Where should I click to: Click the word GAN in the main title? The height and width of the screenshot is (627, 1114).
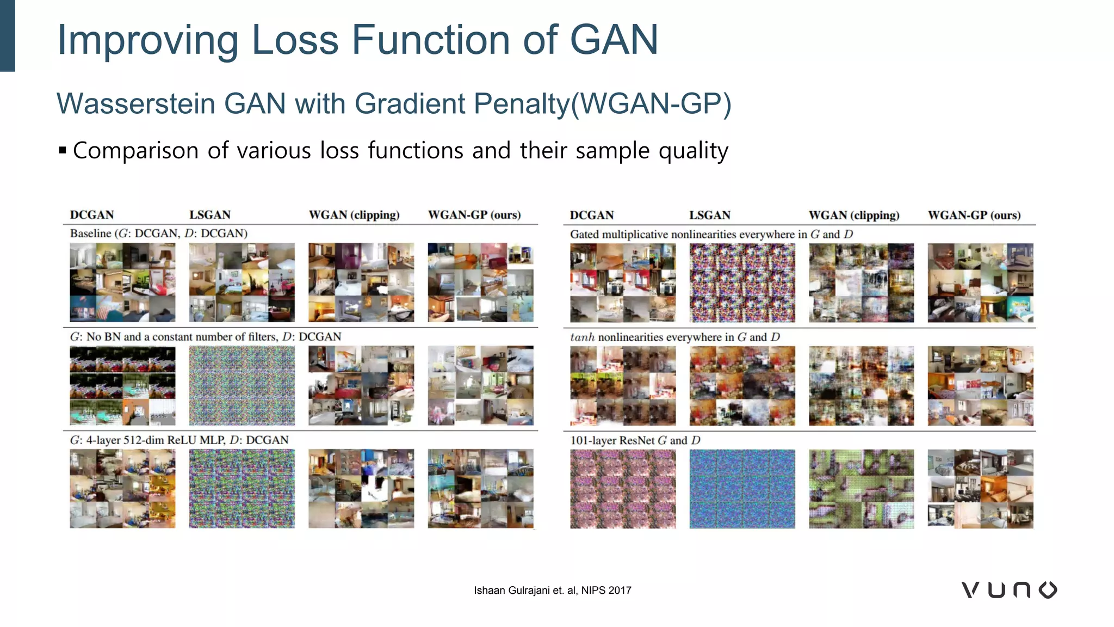coord(614,40)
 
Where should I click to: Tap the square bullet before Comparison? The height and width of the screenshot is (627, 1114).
coord(63,150)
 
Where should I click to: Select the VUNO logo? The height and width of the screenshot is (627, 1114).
coord(1009,590)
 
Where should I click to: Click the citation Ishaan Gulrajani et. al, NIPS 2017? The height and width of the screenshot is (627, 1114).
coord(552,591)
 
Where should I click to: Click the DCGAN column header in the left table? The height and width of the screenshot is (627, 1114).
coord(92,215)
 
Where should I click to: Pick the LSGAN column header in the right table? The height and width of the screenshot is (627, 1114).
coord(709,216)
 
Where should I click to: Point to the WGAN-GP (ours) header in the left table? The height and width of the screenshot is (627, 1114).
coord(474,215)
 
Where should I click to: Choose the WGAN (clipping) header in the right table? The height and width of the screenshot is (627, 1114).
coord(853,216)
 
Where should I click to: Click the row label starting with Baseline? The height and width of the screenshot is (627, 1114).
coord(158,233)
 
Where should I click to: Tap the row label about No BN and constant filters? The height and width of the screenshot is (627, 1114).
coord(205,337)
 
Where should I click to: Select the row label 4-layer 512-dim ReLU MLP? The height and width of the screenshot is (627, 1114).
coord(179,440)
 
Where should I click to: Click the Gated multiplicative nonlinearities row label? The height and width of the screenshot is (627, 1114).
coord(711,235)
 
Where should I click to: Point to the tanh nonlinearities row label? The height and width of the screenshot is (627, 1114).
coord(674,337)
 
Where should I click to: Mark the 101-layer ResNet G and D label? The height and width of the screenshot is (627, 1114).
coord(635,440)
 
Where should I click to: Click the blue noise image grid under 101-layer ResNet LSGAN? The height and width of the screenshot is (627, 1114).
coord(742,489)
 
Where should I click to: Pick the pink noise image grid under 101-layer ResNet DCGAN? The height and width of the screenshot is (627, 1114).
coord(623,489)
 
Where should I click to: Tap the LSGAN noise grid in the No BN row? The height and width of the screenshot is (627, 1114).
coord(242,385)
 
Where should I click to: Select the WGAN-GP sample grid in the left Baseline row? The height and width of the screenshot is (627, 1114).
coord(480,282)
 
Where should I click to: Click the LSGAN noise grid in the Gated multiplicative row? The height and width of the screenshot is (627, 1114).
coord(742,283)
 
